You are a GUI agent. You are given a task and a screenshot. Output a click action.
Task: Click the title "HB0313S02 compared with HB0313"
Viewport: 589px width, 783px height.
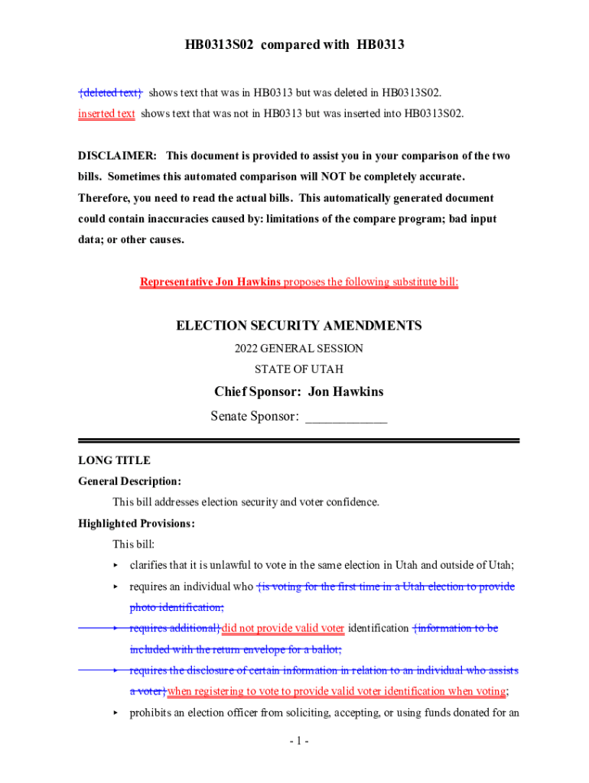pyautogui.click(x=294, y=46)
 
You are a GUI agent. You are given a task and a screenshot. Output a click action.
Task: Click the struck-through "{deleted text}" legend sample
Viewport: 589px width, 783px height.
pyautogui.click(x=110, y=93)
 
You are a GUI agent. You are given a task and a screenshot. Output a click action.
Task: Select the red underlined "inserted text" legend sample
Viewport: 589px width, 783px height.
pyautogui.click(x=106, y=114)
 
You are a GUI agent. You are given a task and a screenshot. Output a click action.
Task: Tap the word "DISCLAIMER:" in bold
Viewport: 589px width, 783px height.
pyautogui.click(x=118, y=156)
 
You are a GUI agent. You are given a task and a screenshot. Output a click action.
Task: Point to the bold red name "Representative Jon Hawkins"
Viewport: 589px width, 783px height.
pyautogui.click(x=210, y=282)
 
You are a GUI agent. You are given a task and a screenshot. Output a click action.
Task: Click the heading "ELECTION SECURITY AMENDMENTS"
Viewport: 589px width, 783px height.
pyautogui.click(x=299, y=326)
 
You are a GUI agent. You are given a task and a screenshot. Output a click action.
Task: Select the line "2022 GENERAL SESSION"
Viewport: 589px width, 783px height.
pyautogui.click(x=299, y=349)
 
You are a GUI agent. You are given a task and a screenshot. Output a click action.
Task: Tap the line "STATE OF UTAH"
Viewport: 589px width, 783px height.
pyautogui.click(x=299, y=369)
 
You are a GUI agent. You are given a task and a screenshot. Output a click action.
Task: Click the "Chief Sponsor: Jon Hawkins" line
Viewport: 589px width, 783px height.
pyautogui.click(x=299, y=392)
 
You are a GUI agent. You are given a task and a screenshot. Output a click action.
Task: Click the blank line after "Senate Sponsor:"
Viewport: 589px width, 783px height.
pyautogui.click(x=346, y=417)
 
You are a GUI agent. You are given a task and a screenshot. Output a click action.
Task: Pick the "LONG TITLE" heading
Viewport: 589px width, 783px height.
pyautogui.click(x=115, y=460)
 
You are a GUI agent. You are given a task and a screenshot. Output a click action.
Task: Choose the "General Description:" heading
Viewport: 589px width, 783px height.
pyautogui.click(x=129, y=482)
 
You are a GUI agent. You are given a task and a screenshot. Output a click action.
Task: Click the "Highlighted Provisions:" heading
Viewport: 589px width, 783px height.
pyautogui.click(x=136, y=524)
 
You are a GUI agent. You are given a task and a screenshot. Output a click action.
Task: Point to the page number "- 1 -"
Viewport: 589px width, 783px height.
pyautogui.click(x=299, y=741)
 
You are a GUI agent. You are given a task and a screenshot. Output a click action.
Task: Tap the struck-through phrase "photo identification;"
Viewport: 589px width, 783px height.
pyautogui.click(x=177, y=608)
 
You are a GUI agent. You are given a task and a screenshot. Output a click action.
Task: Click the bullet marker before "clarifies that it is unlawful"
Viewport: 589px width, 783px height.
pyautogui.click(x=116, y=566)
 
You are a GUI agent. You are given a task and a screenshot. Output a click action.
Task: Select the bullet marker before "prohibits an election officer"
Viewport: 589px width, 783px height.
pyautogui.click(x=116, y=713)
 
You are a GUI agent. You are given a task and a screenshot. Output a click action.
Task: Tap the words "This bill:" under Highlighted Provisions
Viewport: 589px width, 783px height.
pyautogui.click(x=133, y=545)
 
